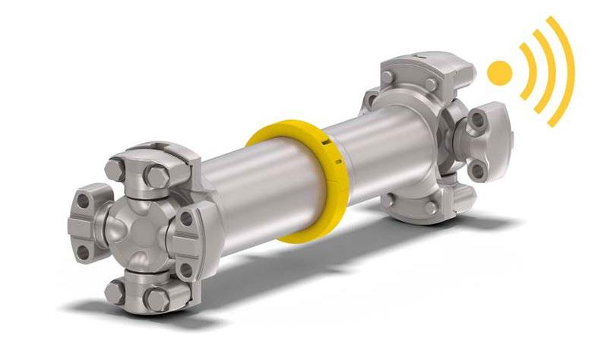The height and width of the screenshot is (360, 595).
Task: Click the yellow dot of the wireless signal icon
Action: click(499, 73)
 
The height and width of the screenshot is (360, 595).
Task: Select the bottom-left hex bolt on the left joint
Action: click(115, 289)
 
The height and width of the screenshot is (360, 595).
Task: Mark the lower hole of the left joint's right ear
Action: click(185, 265)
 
